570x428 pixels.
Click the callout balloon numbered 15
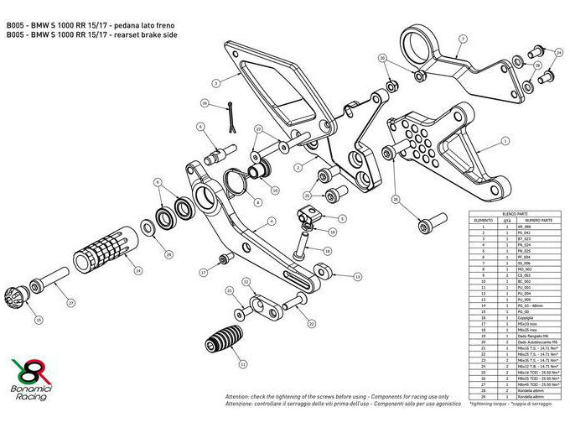(x=39, y=320)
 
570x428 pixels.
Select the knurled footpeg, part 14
(x=103, y=249)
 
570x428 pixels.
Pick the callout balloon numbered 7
(x=462, y=39)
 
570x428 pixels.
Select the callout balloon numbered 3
(x=215, y=83)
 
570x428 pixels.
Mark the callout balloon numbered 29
(x=168, y=254)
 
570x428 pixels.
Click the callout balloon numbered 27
(x=71, y=302)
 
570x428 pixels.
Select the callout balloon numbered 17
(x=204, y=273)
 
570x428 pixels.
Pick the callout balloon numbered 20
(x=383, y=59)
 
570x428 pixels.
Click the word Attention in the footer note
(x=239, y=396)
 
